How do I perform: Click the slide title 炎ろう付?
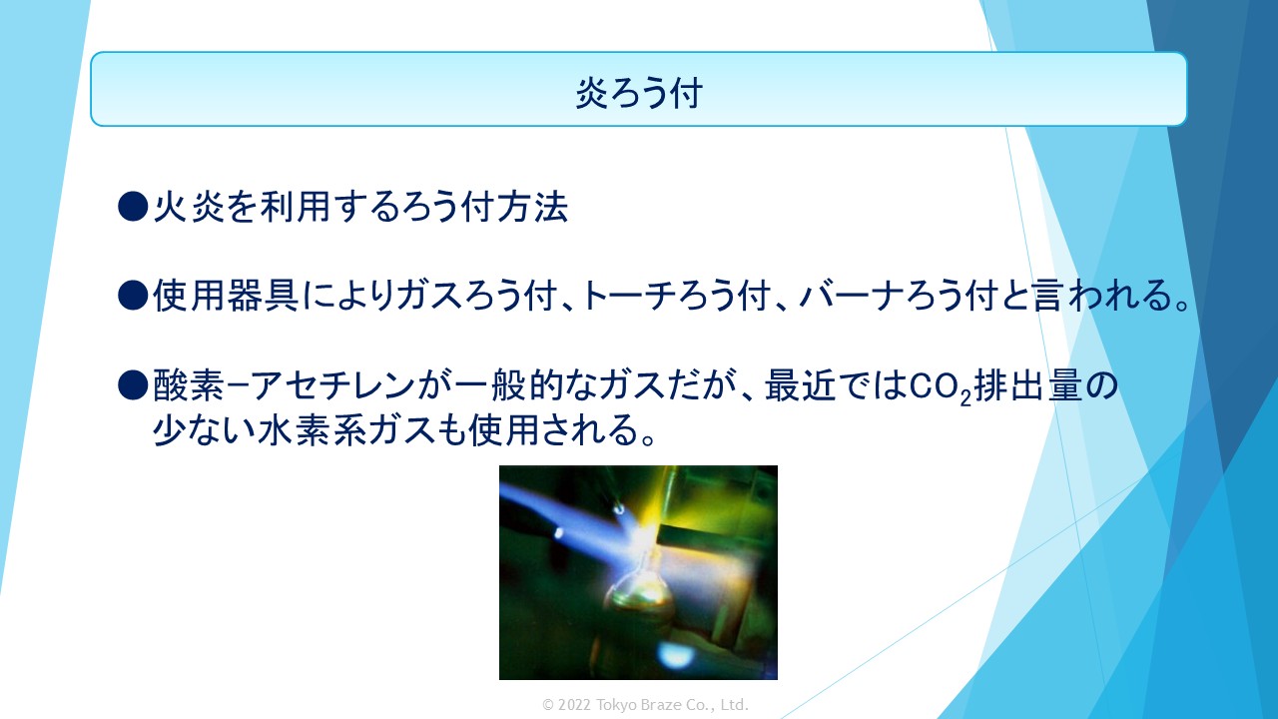pyautogui.click(x=638, y=93)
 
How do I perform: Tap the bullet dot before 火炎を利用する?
pyautogui.click(x=133, y=207)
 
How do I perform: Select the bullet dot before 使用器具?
pyautogui.click(x=133, y=295)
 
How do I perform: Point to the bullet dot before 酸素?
pyautogui.click(x=133, y=384)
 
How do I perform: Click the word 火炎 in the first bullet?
pyautogui.click(x=188, y=207)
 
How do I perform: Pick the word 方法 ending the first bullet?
pyautogui.click(x=532, y=207)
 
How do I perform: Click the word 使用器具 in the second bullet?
pyautogui.click(x=226, y=296)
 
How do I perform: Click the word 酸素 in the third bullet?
pyautogui.click(x=188, y=385)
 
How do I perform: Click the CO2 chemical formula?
pyautogui.click(x=940, y=387)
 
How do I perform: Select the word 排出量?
pyautogui.click(x=1028, y=385)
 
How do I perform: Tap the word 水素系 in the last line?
pyautogui.click(x=313, y=429)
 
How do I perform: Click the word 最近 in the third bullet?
pyautogui.click(x=800, y=385)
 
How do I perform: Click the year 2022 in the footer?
pyautogui.click(x=574, y=705)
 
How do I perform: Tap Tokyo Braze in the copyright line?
pyautogui.click(x=638, y=705)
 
